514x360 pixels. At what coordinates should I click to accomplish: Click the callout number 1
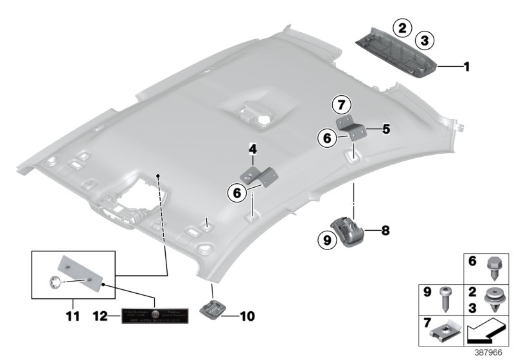coord(468,66)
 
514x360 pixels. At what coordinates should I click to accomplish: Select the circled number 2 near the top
coord(403,28)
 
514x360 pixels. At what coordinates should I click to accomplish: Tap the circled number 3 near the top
coord(422,41)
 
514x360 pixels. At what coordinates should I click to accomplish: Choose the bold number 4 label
coord(253,150)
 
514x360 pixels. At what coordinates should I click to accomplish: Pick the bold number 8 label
coord(386,229)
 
